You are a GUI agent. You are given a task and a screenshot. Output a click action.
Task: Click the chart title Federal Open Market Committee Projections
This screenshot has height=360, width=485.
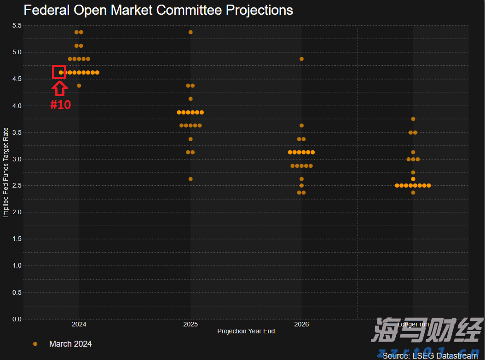click(x=158, y=10)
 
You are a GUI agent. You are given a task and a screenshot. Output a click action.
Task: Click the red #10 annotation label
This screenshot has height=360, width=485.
click(x=61, y=105)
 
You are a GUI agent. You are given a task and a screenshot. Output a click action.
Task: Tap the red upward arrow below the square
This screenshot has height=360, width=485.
click(x=60, y=88)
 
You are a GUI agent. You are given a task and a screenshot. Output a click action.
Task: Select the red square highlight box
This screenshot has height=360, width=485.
click(x=59, y=72)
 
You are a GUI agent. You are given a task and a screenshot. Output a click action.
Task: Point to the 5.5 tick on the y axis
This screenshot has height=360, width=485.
click(x=17, y=25)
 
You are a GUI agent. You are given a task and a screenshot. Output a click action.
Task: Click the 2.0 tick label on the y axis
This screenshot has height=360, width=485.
click(x=17, y=212)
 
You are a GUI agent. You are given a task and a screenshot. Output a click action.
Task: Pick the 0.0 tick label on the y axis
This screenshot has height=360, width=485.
click(x=17, y=319)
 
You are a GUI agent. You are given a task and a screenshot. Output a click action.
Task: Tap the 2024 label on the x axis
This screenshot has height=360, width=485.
click(x=79, y=325)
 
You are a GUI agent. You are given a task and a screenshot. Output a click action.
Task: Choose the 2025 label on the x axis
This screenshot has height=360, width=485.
click(x=191, y=325)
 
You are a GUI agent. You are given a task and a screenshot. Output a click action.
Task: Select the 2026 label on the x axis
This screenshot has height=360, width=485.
click(x=301, y=325)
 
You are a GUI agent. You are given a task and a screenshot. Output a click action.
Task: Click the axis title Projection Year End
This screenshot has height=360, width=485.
click(x=246, y=331)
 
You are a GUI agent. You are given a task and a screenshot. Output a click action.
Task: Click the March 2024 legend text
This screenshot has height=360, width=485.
click(x=70, y=344)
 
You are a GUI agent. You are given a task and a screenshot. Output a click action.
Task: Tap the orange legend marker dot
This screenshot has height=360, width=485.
click(x=35, y=344)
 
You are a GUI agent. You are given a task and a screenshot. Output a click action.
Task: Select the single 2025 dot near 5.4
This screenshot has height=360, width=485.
click(x=191, y=32)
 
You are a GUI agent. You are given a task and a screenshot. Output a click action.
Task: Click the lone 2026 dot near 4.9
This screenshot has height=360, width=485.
click(x=301, y=59)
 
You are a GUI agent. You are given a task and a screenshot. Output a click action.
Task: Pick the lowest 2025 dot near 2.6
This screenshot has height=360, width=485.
click(x=191, y=179)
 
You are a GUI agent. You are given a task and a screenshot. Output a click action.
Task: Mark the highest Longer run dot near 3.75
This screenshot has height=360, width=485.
click(x=413, y=119)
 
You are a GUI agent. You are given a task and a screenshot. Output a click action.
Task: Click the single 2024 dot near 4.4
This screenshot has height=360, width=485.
click(x=79, y=86)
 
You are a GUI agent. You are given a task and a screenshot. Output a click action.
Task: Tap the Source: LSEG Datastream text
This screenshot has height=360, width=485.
click(x=430, y=356)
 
